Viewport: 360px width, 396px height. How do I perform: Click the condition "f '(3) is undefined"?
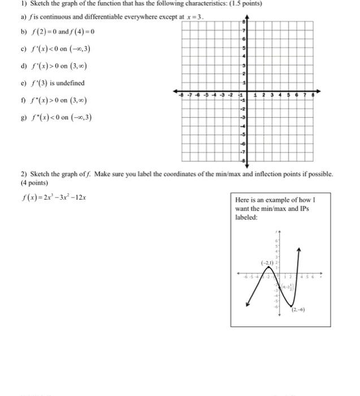point(56,83)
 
